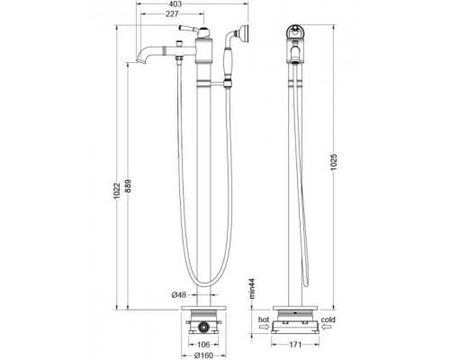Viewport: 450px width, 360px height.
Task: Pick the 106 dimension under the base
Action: point(203,343)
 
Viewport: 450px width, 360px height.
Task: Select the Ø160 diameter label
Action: point(204,355)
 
